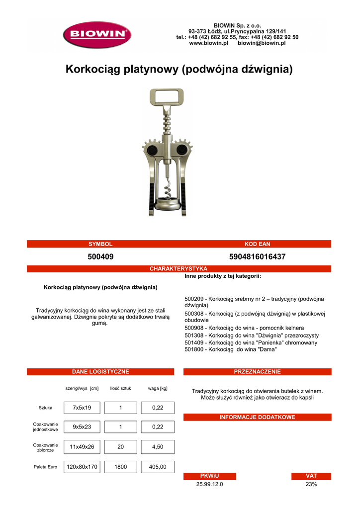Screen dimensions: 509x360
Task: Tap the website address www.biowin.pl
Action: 208,44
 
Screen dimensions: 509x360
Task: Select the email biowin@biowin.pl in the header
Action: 262,44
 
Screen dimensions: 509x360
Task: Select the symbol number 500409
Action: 100,257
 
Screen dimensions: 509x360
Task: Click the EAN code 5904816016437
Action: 258,257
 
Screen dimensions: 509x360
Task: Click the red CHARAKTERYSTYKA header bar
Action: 179,269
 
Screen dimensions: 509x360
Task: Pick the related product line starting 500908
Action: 244,328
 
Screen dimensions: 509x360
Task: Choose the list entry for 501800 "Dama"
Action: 230,349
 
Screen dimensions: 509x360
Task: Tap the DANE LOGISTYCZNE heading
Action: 100,372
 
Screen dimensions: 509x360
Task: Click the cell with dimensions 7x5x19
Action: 82,408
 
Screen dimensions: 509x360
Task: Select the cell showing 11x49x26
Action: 82,447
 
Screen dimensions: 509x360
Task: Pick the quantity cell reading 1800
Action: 121,467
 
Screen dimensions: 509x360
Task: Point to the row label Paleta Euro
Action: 46,467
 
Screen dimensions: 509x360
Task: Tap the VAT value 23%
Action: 311,484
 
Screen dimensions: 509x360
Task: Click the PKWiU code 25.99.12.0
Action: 210,484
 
